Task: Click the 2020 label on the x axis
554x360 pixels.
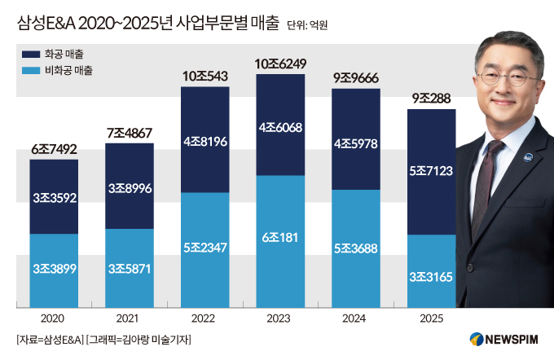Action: tap(54, 318)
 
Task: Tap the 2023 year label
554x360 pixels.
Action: tap(280, 318)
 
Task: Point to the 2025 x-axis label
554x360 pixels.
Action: tap(431, 318)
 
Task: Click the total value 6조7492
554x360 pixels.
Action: tap(54, 149)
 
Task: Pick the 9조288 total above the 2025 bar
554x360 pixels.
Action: tap(431, 99)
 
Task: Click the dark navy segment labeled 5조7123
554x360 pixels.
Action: tap(431, 172)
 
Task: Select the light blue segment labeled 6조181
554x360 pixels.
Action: tap(280, 242)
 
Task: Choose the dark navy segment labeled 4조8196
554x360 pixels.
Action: tap(204, 140)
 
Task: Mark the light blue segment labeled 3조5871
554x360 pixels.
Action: tap(130, 268)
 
